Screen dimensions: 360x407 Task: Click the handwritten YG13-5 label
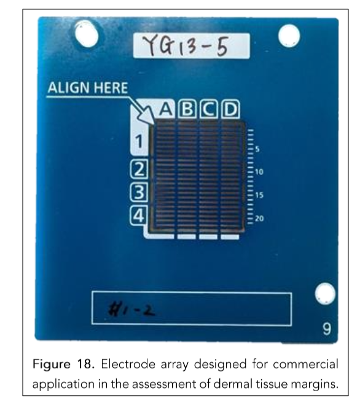coord(186,46)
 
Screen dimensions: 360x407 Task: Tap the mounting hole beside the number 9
coord(325,294)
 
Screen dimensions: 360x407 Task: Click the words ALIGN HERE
coord(88,88)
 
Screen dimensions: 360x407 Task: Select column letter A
coord(166,109)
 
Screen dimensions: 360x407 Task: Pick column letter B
coord(188,109)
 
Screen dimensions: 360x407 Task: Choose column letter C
coord(209,109)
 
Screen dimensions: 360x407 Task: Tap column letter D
coord(230,109)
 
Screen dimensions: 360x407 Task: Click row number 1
coord(139,141)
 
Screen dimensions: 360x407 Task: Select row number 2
coord(139,169)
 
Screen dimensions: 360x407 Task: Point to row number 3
coord(139,192)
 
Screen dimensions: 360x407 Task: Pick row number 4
coord(139,215)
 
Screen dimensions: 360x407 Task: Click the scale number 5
coord(257,149)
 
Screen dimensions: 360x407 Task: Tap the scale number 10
coord(259,172)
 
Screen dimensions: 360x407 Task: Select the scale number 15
coord(259,195)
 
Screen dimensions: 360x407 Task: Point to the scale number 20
coord(259,218)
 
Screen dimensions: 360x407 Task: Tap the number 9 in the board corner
coord(327,329)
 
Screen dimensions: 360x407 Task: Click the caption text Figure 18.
coord(63,364)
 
